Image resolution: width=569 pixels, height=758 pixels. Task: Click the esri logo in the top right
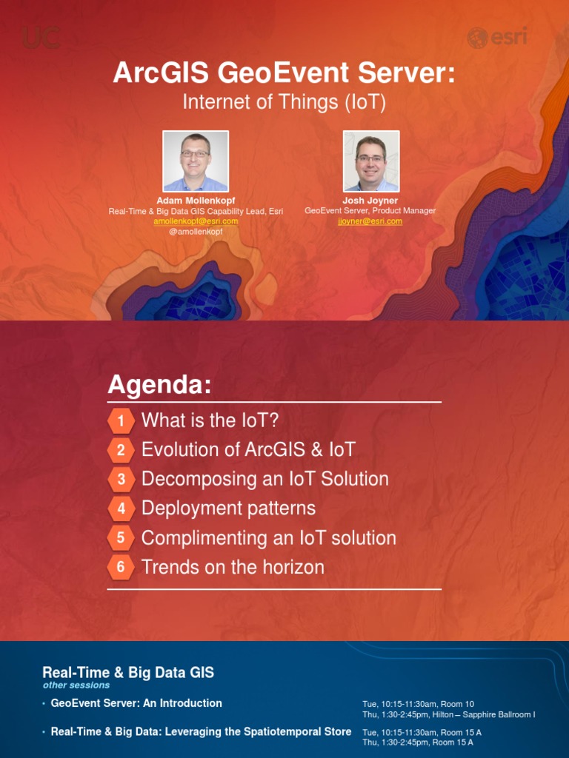[x=496, y=37]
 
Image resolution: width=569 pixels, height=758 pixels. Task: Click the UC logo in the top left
[x=41, y=38]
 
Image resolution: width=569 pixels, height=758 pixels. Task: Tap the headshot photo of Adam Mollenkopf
[x=196, y=161]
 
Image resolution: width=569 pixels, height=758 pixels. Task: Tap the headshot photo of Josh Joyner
[x=371, y=161]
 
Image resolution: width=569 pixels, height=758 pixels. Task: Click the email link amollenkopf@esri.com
[x=196, y=221]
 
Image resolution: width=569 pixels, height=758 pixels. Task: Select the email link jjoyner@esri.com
[x=370, y=221]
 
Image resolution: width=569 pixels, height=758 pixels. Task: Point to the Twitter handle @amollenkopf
[x=196, y=232]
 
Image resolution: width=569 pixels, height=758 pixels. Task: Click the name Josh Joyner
[x=370, y=201]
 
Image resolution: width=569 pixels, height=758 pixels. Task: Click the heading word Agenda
[x=159, y=385]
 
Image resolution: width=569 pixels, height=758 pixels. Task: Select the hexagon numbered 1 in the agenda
[x=121, y=421]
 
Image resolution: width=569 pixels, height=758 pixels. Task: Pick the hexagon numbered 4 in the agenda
[x=121, y=509]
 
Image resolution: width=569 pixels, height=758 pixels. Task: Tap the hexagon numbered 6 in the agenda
[x=121, y=568]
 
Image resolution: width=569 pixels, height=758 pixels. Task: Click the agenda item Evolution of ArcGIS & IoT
[x=248, y=450]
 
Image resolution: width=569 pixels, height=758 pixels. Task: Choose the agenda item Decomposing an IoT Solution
[x=264, y=479]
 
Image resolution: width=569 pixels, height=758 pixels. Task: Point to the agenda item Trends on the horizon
[x=233, y=568]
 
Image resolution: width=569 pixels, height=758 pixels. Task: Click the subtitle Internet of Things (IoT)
[x=284, y=102]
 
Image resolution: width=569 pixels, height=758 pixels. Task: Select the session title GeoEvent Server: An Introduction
[x=136, y=703]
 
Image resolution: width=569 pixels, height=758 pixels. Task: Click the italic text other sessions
[x=76, y=685]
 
